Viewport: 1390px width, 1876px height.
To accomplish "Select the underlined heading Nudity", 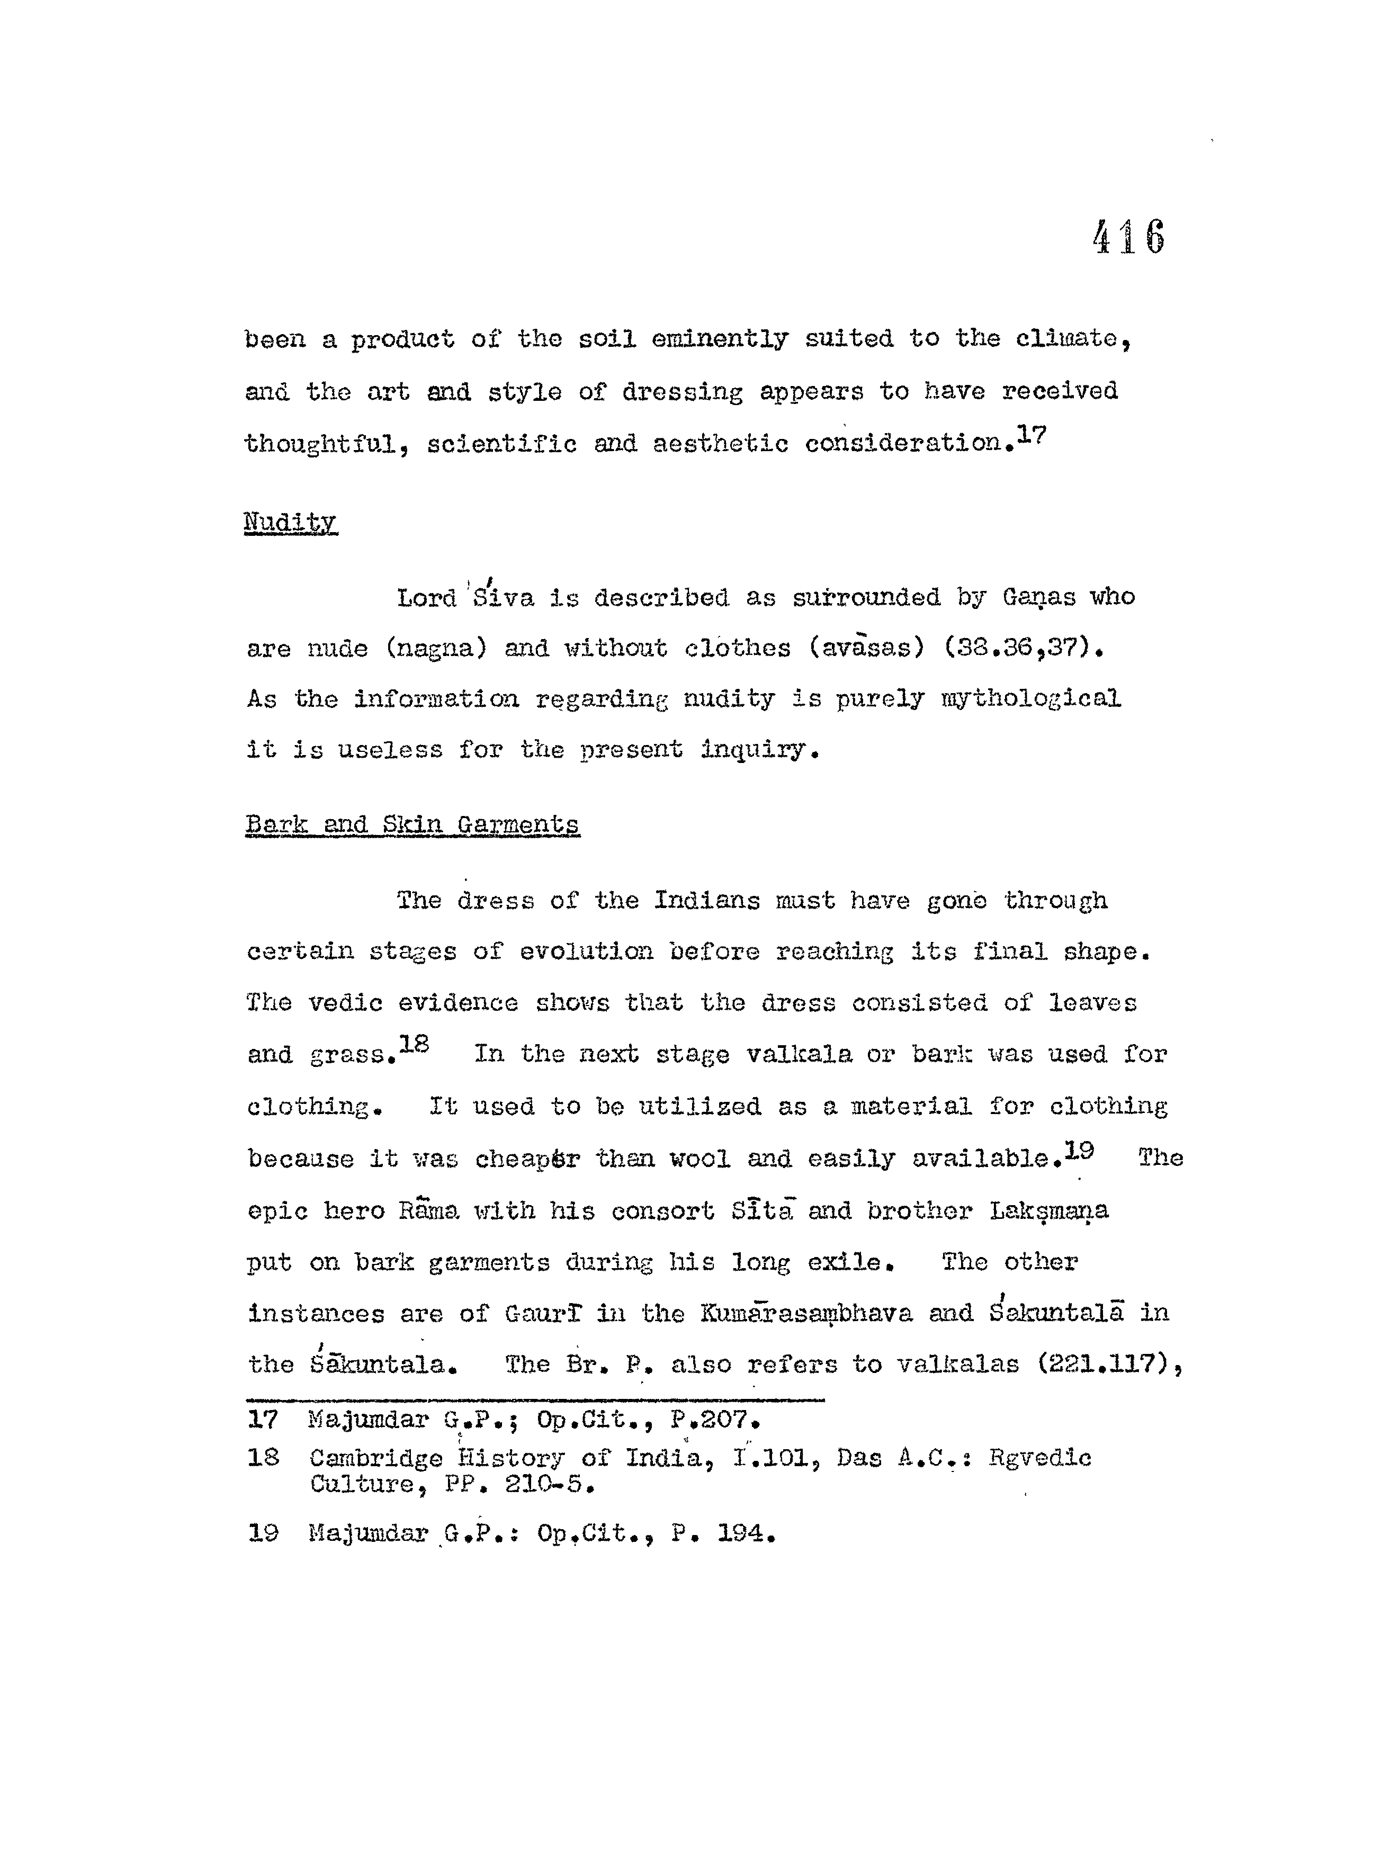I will coord(290,523).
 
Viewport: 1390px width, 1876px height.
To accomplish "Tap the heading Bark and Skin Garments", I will coord(412,824).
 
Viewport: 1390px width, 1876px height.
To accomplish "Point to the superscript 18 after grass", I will coord(414,1044).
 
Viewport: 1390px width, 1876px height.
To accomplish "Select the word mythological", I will coord(1031,699).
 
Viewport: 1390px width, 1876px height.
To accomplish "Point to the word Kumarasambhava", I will coord(806,1313).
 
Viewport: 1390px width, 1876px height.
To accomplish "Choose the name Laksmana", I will coord(1048,1211).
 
